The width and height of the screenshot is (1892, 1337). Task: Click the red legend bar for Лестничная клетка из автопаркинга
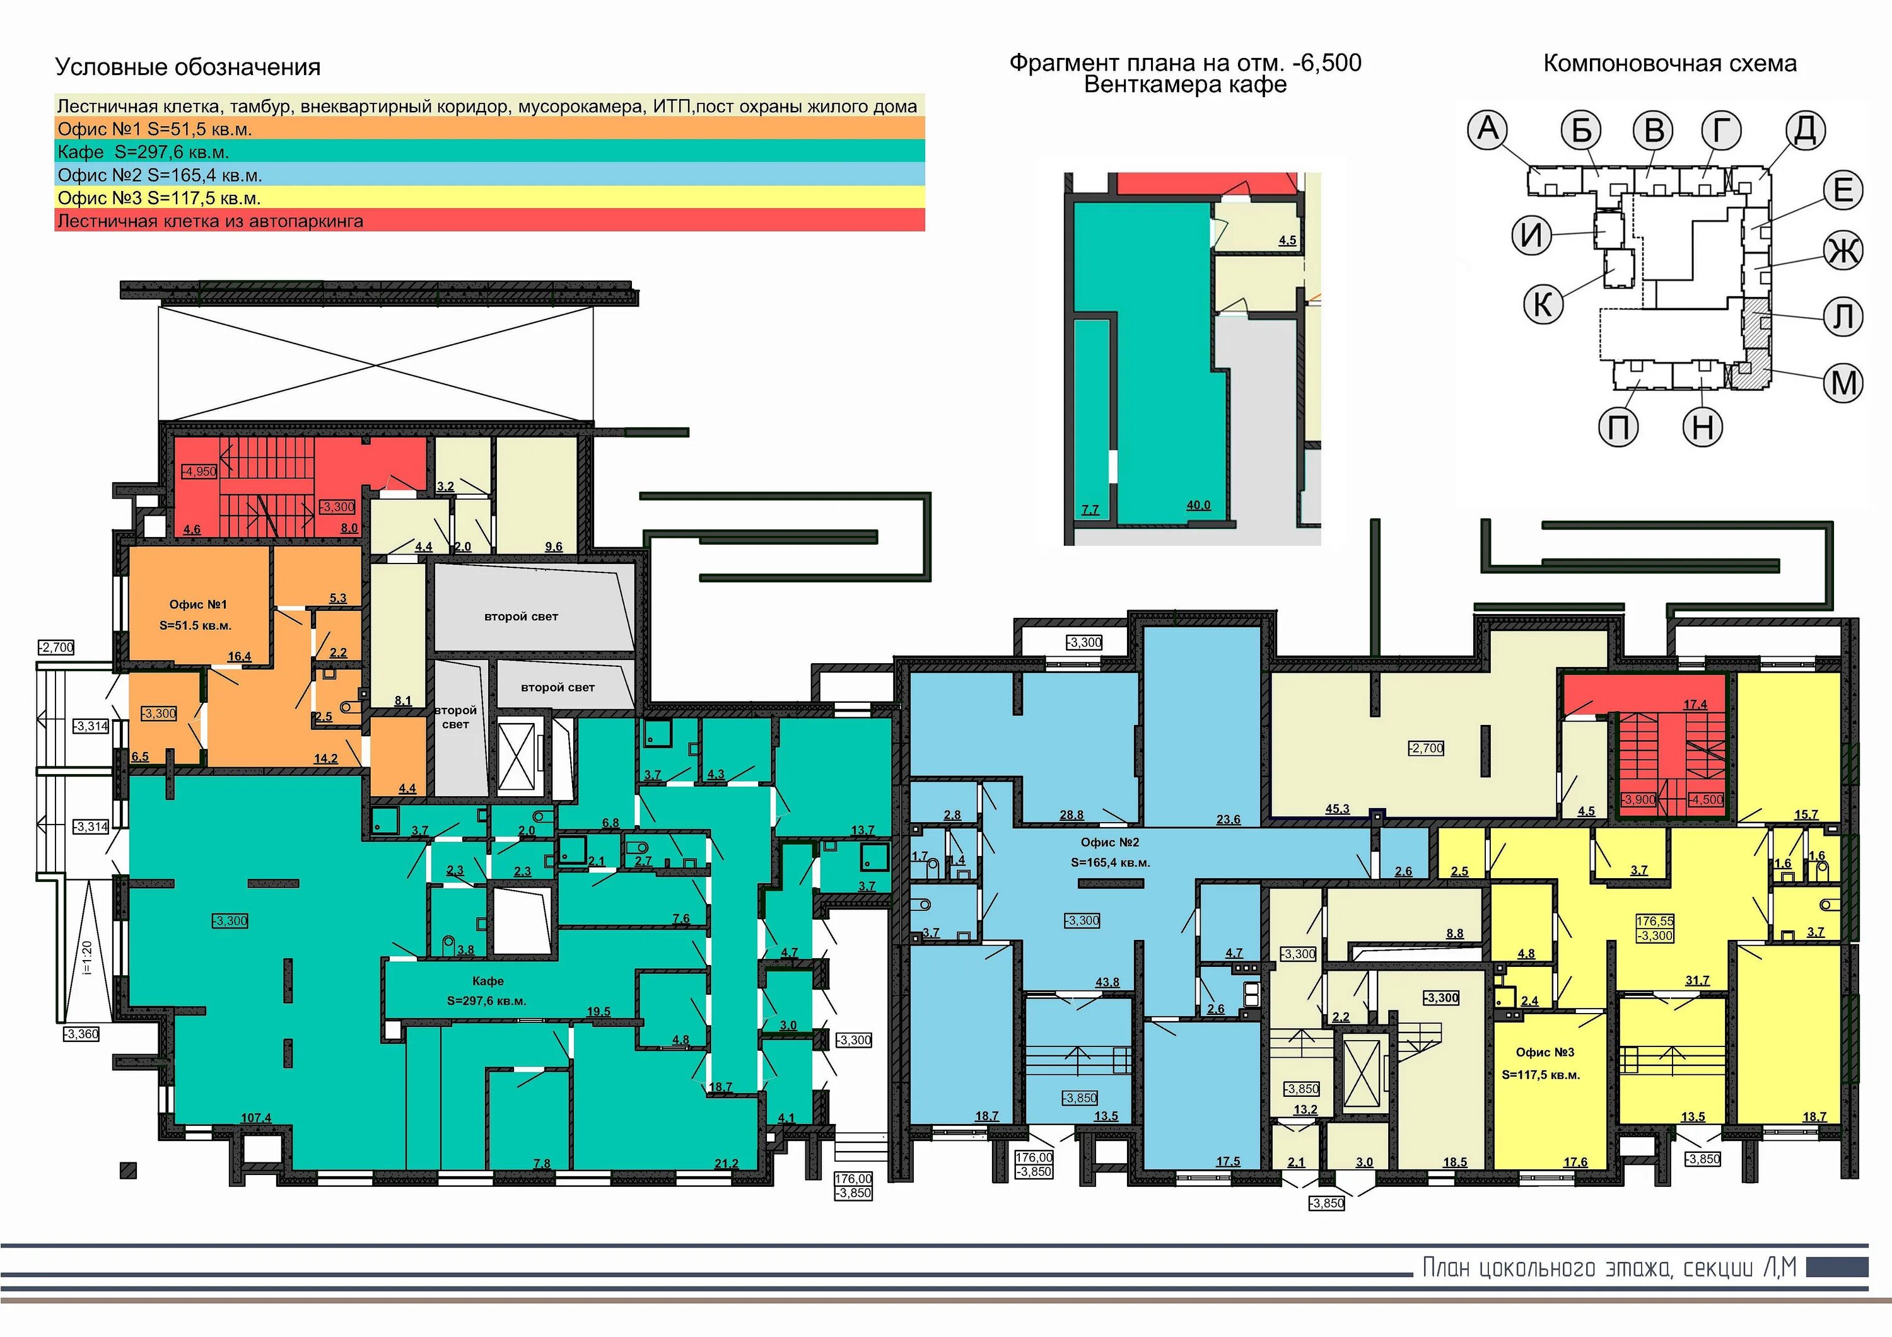tap(489, 221)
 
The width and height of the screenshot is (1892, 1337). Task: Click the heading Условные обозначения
tap(188, 67)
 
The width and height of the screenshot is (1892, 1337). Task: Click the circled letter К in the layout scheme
tap(1543, 304)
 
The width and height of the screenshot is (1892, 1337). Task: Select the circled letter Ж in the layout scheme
tap(1843, 250)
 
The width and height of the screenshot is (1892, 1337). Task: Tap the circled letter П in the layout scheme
tap(1618, 427)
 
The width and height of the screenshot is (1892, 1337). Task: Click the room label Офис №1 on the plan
tap(198, 605)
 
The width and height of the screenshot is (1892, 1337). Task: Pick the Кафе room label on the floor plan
tap(488, 981)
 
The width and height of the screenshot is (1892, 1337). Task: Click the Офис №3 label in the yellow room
tap(1545, 1052)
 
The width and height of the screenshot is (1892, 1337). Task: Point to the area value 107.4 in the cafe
tap(255, 1118)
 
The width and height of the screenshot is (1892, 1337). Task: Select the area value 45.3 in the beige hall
tap(1338, 809)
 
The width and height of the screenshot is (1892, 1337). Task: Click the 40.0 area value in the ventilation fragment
tap(1198, 505)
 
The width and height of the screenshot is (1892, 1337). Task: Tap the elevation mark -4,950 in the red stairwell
tap(199, 472)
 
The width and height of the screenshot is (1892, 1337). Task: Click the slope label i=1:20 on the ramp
tap(88, 958)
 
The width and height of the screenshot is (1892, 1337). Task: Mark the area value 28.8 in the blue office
tap(1072, 814)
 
